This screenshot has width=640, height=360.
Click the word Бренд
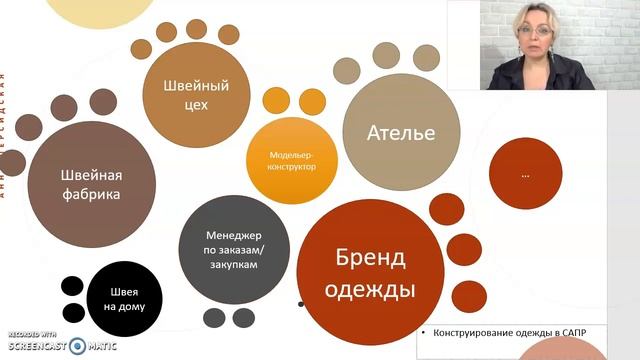370,259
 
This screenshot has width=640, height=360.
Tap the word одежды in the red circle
371,292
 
